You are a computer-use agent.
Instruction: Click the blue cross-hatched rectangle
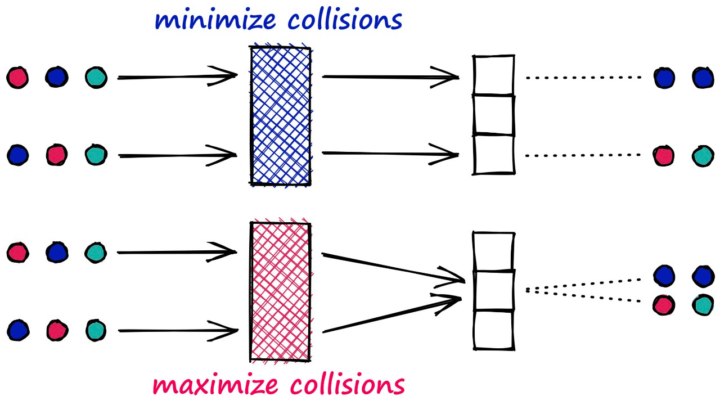(280, 116)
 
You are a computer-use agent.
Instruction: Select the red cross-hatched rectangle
(280, 291)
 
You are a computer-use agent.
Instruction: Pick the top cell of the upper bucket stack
(493, 75)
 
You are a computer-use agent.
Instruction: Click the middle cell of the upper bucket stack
(493, 115)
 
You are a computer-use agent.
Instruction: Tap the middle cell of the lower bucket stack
(493, 291)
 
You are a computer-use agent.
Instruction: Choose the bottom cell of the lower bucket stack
(493, 330)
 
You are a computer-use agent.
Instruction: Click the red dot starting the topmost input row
(17, 77)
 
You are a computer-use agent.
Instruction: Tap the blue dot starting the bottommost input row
(17, 330)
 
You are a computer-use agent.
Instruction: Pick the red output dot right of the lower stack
(664, 305)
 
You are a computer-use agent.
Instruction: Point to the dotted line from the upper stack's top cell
(583, 78)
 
